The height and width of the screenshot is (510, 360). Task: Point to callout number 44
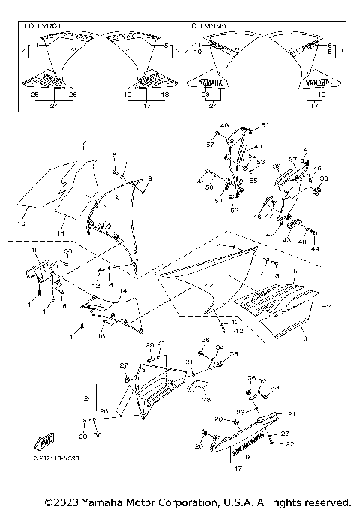coord(315,248)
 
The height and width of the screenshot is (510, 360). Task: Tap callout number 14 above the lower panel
coord(121,290)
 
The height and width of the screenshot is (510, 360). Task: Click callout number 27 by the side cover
coord(124,364)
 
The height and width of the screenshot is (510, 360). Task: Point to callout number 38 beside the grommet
coord(324,179)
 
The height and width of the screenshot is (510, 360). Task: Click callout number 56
coord(199,181)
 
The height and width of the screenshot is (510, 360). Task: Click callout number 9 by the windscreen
coord(149,178)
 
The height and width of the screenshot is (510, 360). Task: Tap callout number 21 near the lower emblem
coord(292,414)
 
